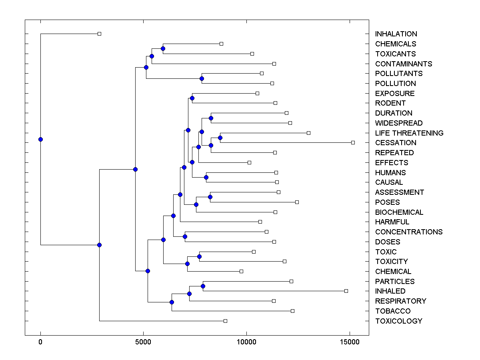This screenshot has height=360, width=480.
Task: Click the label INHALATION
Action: (396, 34)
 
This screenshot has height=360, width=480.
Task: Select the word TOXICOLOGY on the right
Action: (398, 321)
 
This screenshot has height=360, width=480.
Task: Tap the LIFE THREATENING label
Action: (409, 133)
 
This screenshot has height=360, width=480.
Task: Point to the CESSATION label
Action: (396, 143)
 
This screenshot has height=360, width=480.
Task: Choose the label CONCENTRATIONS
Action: (409, 232)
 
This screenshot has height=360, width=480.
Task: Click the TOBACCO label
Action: (393, 311)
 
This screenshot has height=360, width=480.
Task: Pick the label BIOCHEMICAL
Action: (399, 212)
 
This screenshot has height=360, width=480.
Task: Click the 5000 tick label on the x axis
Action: (144, 342)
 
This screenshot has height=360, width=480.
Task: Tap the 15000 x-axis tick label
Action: (350, 342)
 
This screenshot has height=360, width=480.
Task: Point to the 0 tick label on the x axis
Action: (40, 342)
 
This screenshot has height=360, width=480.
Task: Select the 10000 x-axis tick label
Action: (246, 342)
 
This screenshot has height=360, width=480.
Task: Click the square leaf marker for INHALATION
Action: (100, 34)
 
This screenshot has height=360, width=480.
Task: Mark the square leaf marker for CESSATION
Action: (353, 142)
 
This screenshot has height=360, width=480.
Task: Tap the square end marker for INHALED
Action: (346, 291)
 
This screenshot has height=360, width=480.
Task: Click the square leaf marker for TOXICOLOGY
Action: (225, 321)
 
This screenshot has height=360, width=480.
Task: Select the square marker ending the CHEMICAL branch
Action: (241, 271)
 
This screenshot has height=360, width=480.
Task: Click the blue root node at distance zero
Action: (40, 139)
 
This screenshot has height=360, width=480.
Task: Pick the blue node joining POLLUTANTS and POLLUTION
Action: (202, 78)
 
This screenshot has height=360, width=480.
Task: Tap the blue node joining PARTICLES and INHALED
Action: (203, 286)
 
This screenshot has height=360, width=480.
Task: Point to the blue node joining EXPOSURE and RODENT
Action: (192, 98)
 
